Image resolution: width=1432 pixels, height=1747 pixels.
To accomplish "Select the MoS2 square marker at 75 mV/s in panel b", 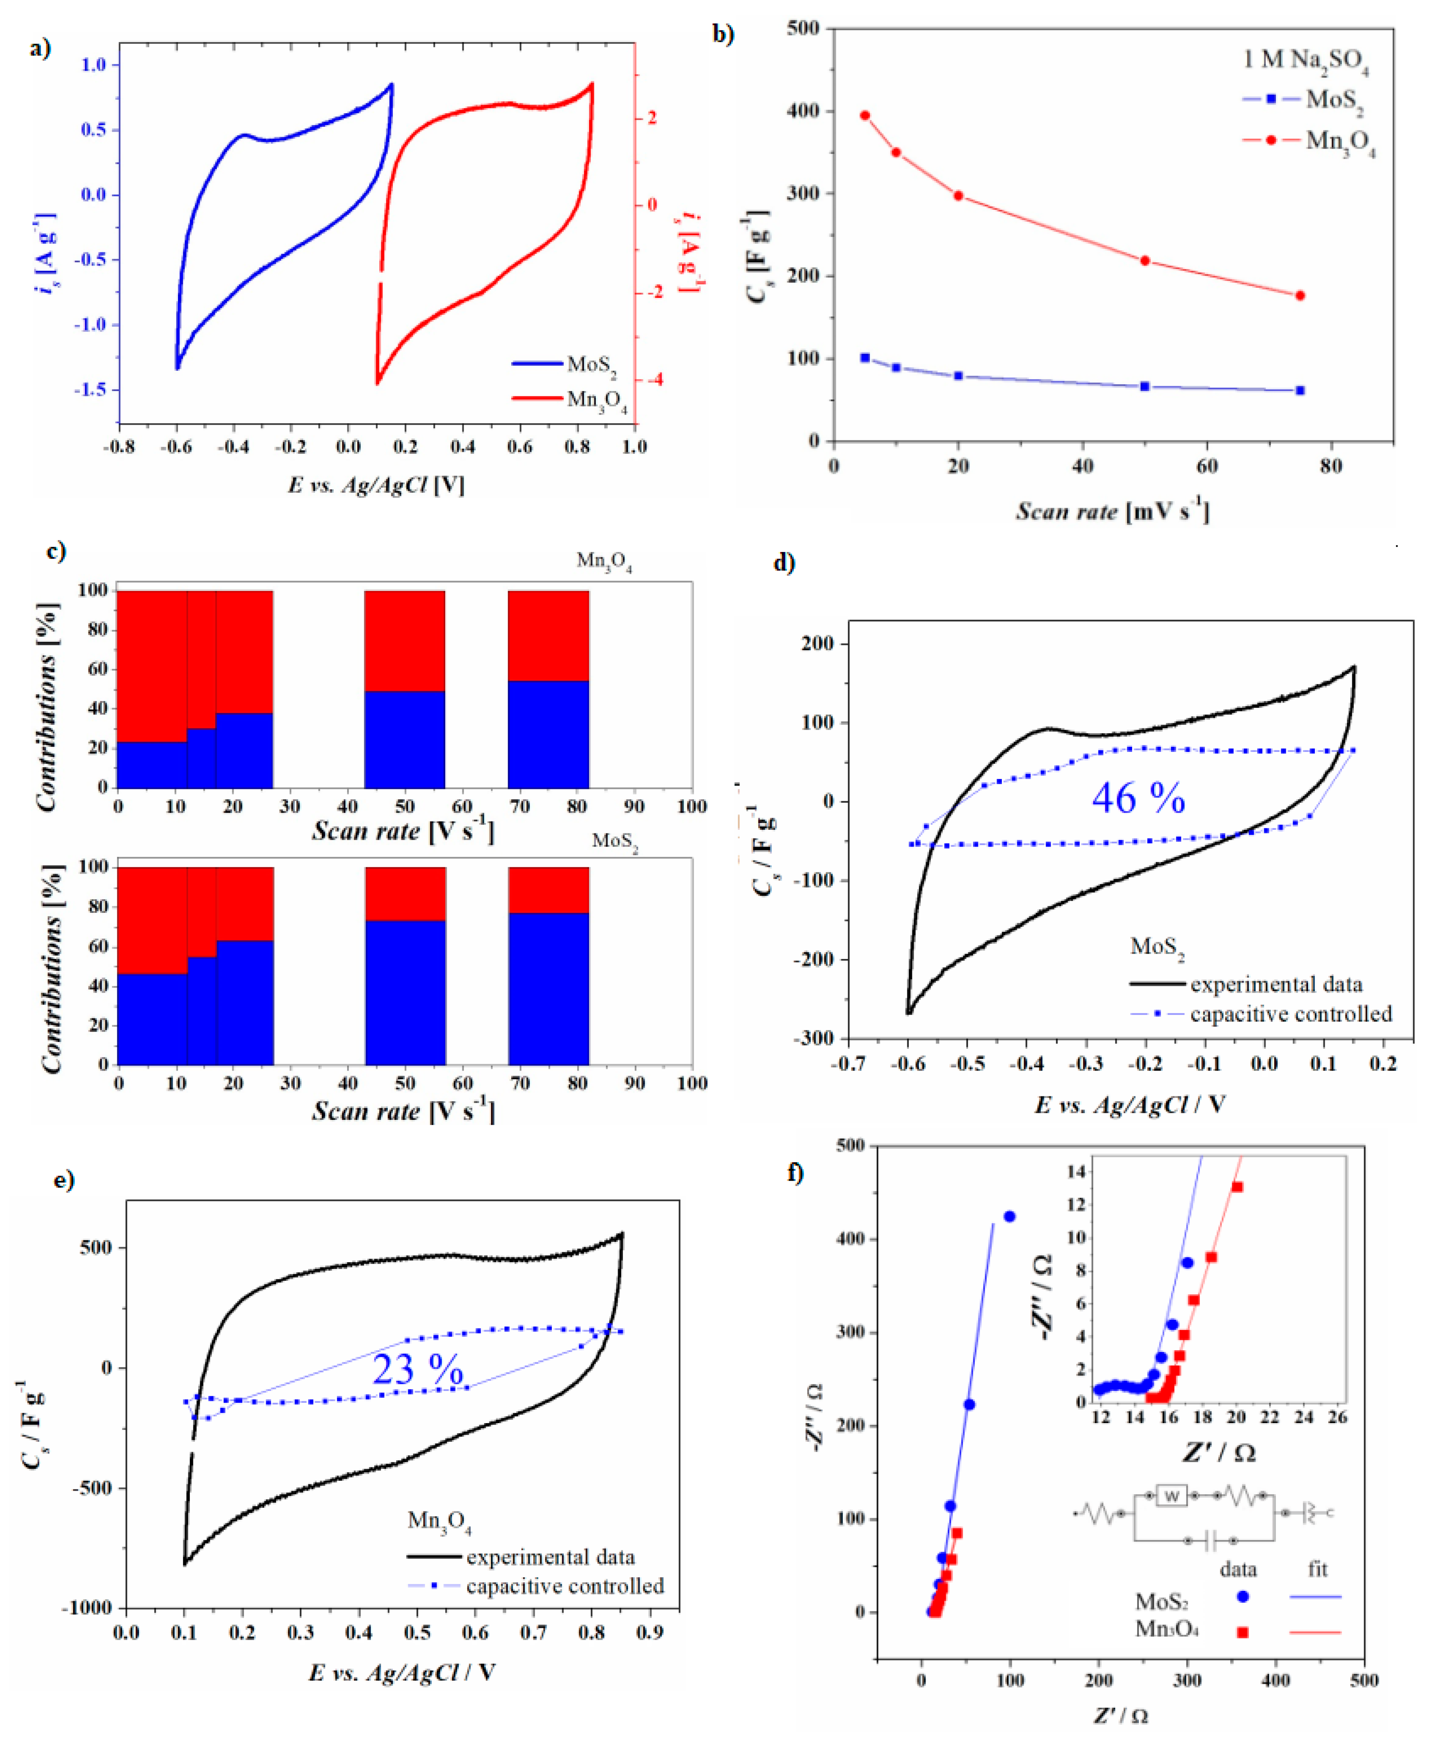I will tap(1300, 390).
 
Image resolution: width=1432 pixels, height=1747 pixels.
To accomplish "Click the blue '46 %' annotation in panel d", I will tap(1138, 798).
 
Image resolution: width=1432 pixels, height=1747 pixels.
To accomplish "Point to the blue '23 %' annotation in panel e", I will tap(417, 1370).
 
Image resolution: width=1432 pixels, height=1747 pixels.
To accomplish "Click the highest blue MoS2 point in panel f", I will tap(1009, 1216).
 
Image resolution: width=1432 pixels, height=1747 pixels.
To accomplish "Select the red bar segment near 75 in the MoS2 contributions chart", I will tap(549, 889).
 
